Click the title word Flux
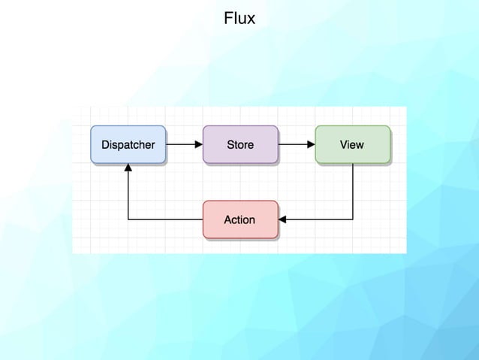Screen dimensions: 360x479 [x=239, y=17]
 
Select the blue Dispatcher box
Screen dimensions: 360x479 [x=128, y=144]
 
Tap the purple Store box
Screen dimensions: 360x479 [x=240, y=144]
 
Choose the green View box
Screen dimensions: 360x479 [x=352, y=144]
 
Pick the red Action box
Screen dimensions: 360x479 [x=240, y=219]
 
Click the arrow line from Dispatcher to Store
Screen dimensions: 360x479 [x=181, y=144]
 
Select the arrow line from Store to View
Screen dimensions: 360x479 [x=294, y=144]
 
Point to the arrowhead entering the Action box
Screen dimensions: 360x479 [x=282, y=219]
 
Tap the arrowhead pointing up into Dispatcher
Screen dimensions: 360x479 [x=128, y=168]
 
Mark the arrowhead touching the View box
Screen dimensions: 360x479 [x=311, y=144]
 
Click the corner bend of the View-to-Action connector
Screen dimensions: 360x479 [x=353, y=219]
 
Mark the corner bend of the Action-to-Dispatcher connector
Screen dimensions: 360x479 [x=128, y=219]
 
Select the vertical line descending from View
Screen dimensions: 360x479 [x=353, y=192]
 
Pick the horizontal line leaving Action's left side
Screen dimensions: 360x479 [x=165, y=219]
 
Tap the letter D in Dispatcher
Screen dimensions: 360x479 [x=105, y=144]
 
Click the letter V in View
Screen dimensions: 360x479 [x=343, y=144]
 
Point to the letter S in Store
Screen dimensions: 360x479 [x=230, y=144]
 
